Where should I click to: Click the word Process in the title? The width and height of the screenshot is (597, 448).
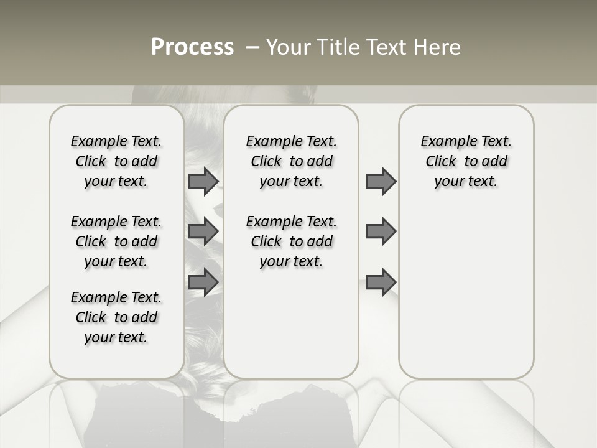click(x=192, y=47)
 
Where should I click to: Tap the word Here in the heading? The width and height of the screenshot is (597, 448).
click(x=438, y=47)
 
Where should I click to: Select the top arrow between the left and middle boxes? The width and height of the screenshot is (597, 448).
click(x=203, y=182)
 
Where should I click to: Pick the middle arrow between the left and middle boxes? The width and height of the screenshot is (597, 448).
click(x=203, y=231)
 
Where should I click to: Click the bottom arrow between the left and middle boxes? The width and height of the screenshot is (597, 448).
click(x=203, y=282)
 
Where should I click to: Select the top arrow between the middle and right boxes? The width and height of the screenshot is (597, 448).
click(x=381, y=182)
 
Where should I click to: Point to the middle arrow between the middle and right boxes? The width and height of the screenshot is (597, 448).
click(x=381, y=231)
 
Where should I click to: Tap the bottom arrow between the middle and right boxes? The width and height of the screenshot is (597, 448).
click(x=381, y=282)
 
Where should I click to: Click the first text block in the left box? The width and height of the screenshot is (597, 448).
click(x=116, y=161)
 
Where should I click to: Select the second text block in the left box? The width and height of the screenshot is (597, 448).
click(x=116, y=241)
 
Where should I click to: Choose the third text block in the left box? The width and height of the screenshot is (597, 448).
click(x=116, y=317)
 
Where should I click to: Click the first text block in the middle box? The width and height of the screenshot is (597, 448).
click(x=291, y=161)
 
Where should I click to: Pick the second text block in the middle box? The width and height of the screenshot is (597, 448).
click(x=291, y=241)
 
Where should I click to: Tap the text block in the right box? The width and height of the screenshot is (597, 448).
click(x=466, y=161)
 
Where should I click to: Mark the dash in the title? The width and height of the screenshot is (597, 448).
click(x=252, y=47)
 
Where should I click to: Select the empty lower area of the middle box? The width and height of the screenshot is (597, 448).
click(x=291, y=324)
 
